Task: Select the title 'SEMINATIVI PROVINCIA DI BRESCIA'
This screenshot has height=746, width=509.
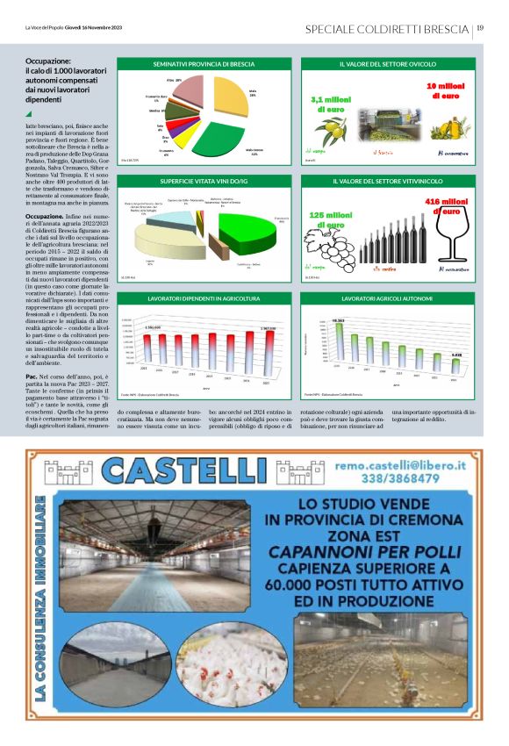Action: pos(203,65)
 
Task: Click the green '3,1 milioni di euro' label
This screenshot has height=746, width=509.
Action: pos(332,104)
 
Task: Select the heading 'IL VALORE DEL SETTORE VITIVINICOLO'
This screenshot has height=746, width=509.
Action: pos(387,182)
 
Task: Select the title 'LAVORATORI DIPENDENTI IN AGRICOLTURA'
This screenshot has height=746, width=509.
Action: pos(203,299)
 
